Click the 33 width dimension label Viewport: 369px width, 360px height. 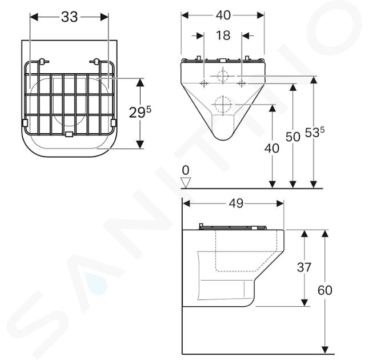[70, 17]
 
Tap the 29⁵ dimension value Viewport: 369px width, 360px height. [140, 113]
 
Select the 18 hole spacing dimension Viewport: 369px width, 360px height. [223, 35]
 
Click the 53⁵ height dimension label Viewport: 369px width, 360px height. [315, 133]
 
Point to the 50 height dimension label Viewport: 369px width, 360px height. [293, 137]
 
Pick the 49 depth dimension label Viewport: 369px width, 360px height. [236, 203]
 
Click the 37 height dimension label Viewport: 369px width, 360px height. [304, 267]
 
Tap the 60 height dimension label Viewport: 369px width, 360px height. [325, 290]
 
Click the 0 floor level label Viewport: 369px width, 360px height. [186, 170]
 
